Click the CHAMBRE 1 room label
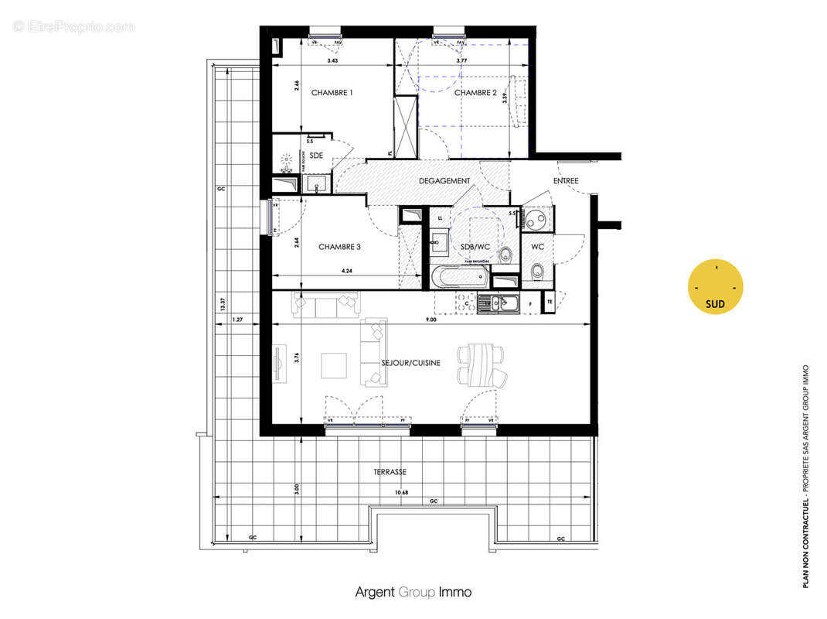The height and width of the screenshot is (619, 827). [x=332, y=93]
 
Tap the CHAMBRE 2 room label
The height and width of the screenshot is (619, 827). [x=475, y=93]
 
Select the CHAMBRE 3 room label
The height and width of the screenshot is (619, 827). [x=340, y=248]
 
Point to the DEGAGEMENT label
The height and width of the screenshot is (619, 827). [x=444, y=181]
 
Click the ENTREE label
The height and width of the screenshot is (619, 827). [x=566, y=181]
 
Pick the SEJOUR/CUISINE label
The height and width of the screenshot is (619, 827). [x=410, y=362]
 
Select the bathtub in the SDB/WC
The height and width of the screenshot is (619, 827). [x=461, y=276]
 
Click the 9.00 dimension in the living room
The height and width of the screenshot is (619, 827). [x=431, y=318]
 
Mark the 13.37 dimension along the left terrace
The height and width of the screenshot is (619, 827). [x=223, y=302]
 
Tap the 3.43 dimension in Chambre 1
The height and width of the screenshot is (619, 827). [x=332, y=60]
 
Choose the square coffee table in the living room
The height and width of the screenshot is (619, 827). [x=335, y=365]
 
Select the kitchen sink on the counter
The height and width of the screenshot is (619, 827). [x=495, y=304]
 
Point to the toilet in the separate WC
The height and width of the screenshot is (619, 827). [x=536, y=271]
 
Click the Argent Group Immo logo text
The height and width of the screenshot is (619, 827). [x=413, y=592]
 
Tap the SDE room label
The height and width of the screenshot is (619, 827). [x=317, y=156]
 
